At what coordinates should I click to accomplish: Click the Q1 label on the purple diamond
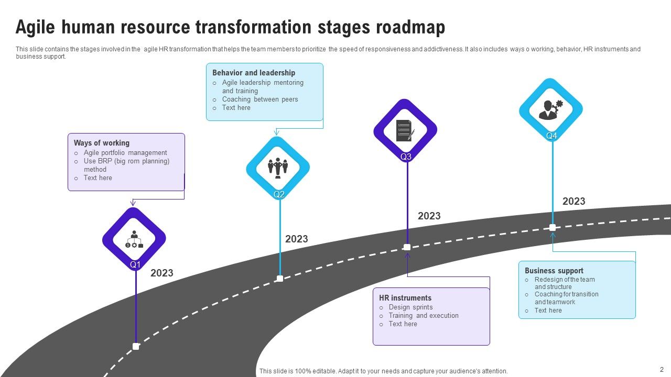tap(135, 265)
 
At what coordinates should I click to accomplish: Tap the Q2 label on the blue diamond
tap(279, 194)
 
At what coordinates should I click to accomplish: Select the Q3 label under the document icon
tap(406, 157)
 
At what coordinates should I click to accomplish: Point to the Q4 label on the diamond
tap(551, 136)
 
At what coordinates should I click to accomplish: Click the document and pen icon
tap(405, 130)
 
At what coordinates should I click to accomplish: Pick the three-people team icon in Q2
tap(278, 168)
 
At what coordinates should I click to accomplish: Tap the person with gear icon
tap(551, 110)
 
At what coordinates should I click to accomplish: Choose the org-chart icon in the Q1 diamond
tap(134, 239)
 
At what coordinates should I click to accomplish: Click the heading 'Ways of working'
tap(101, 143)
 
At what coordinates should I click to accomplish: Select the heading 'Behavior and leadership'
tap(254, 73)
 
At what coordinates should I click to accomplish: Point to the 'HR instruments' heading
tap(405, 298)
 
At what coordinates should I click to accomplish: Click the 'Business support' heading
tap(554, 271)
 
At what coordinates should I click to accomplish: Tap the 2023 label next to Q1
tap(162, 273)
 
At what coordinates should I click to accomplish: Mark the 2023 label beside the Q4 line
tap(574, 201)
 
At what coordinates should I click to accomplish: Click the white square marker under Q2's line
tap(280, 279)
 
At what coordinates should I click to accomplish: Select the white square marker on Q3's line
tap(407, 247)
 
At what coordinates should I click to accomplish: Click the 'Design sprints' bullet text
tap(410, 307)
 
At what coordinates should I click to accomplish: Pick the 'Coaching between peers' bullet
tap(260, 99)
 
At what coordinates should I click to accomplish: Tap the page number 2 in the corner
tap(661, 369)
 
